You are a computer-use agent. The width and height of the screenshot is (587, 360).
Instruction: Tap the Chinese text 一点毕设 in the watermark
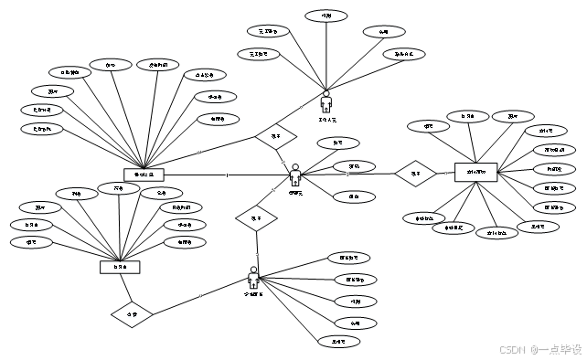pyautogui.click(x=559, y=349)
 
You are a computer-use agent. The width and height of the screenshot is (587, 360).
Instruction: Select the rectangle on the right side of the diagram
pyautogui.click(x=475, y=173)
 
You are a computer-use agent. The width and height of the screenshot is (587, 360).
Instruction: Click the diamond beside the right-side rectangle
pyautogui.click(x=416, y=174)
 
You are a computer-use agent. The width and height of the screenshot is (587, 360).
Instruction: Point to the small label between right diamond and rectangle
pyautogui.click(x=445, y=172)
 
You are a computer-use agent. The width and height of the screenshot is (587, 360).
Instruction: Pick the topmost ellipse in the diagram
pyautogui.click(x=326, y=16)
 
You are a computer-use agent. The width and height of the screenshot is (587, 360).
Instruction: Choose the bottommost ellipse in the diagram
pyautogui.click(x=339, y=343)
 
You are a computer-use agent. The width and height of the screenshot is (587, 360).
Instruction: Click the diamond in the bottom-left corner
pyautogui.click(x=132, y=316)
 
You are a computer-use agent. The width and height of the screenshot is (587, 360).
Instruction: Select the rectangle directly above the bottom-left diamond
pyautogui.click(x=121, y=268)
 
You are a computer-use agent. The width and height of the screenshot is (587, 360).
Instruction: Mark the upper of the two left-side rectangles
pyautogui.click(x=144, y=175)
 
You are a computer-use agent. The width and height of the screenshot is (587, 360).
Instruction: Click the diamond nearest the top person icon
pyautogui.click(x=276, y=138)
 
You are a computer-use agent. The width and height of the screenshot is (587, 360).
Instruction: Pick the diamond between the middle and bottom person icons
pyautogui.click(x=257, y=219)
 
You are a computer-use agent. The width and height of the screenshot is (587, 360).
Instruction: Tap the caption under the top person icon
pyautogui.click(x=327, y=120)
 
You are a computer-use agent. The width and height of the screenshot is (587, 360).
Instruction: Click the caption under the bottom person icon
pyautogui.click(x=254, y=295)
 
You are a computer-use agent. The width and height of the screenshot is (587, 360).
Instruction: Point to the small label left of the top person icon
pyautogui.click(x=301, y=107)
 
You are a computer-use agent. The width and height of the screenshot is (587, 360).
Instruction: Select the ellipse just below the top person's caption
pyautogui.click(x=338, y=143)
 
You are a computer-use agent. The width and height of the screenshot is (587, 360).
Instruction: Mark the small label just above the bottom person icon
pyautogui.click(x=258, y=255)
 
